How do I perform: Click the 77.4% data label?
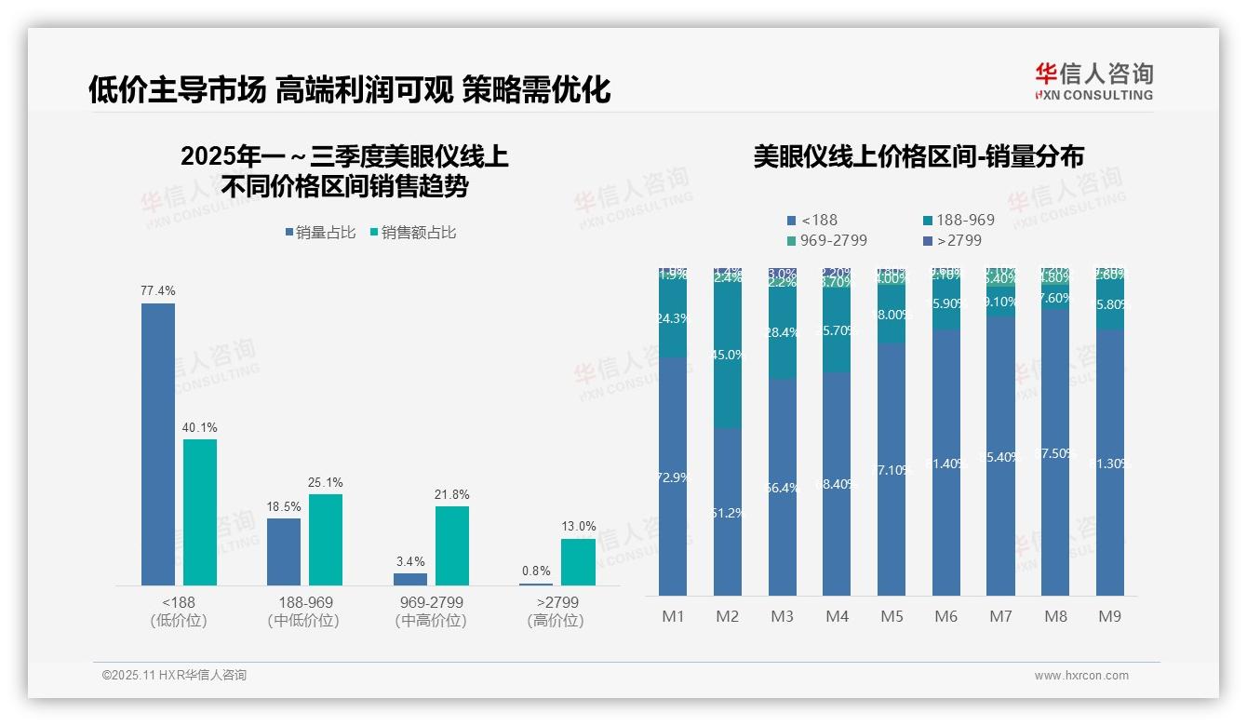(x=157, y=291)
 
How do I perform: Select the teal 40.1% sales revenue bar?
(x=199, y=512)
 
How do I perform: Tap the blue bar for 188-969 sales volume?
(x=284, y=551)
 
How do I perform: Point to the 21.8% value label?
(x=451, y=494)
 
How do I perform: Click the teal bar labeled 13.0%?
(x=578, y=562)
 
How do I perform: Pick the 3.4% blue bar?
(x=410, y=579)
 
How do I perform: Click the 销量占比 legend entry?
(x=319, y=233)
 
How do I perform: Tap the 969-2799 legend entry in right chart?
(x=826, y=240)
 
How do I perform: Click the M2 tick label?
(x=727, y=616)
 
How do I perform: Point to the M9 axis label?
(x=1109, y=616)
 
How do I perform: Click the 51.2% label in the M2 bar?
(x=728, y=513)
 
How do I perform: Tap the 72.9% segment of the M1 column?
(x=673, y=477)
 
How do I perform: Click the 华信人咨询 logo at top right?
(x=1093, y=81)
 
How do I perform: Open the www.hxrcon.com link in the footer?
(x=1080, y=676)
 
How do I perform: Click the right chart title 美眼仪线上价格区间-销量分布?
(x=918, y=156)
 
